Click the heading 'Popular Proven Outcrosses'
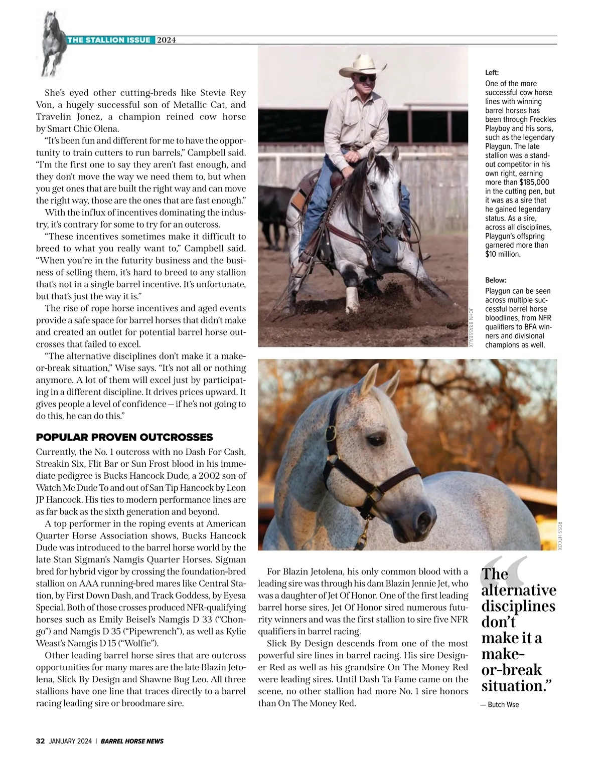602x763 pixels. click(124, 437)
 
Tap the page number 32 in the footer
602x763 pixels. click(41, 741)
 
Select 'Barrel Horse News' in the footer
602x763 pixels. click(132, 741)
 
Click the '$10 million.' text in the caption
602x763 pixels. click(503, 254)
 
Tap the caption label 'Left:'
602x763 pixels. click(492, 73)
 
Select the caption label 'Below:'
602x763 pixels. click(496, 280)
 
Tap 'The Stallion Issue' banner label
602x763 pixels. click(109, 40)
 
